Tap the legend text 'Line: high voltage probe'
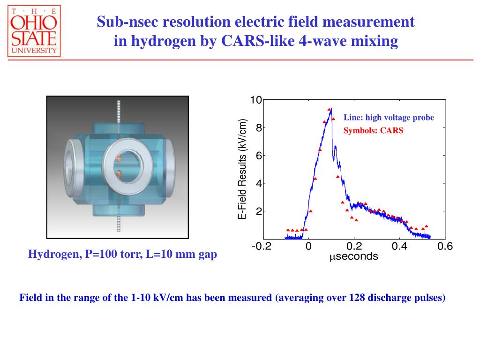389,118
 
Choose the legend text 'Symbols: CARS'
373,131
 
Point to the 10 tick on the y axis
255,100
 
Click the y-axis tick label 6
258,156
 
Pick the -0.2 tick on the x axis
262,247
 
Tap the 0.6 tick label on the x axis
445,247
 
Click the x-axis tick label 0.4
399,247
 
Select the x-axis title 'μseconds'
353,256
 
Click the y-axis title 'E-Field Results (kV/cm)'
242,169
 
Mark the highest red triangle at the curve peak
329,110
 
